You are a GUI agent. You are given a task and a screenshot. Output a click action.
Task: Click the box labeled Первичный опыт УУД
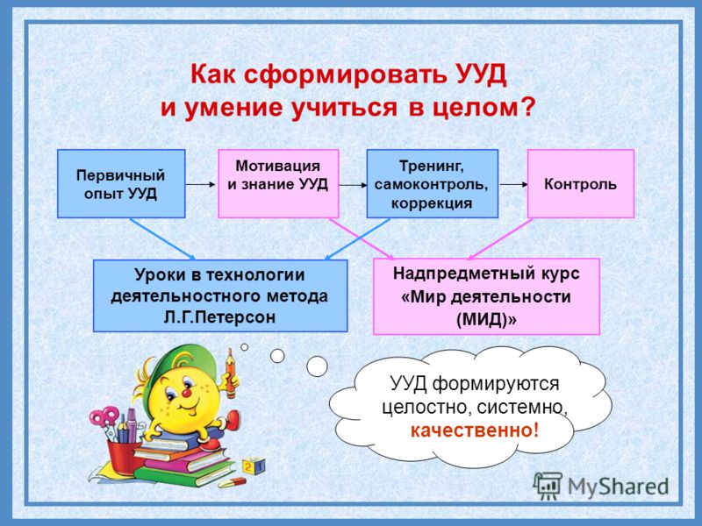[121, 184]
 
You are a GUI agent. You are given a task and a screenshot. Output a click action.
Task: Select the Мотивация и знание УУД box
[278, 184]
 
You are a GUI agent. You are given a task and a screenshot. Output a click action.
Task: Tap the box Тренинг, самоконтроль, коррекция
[432, 184]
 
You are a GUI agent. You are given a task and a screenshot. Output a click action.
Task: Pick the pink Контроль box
[581, 184]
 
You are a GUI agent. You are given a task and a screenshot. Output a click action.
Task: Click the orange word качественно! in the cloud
[475, 430]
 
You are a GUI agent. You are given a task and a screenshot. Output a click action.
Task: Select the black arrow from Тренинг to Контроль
[513, 184]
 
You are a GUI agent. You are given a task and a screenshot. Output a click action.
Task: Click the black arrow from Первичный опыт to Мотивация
[200, 184]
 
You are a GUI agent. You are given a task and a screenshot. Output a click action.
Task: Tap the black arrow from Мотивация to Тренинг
[353, 185]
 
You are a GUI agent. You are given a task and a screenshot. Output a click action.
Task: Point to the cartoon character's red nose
[186, 393]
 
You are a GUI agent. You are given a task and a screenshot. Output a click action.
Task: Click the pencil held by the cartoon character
[231, 373]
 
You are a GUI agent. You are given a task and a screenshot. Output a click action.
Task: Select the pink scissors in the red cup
[104, 418]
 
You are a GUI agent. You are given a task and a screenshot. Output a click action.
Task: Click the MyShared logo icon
[548, 486]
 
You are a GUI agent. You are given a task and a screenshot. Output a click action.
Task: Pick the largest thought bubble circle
[317, 366]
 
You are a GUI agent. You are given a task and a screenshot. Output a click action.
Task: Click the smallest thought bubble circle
[245, 346]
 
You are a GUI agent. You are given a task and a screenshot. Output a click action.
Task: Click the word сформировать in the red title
[345, 75]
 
